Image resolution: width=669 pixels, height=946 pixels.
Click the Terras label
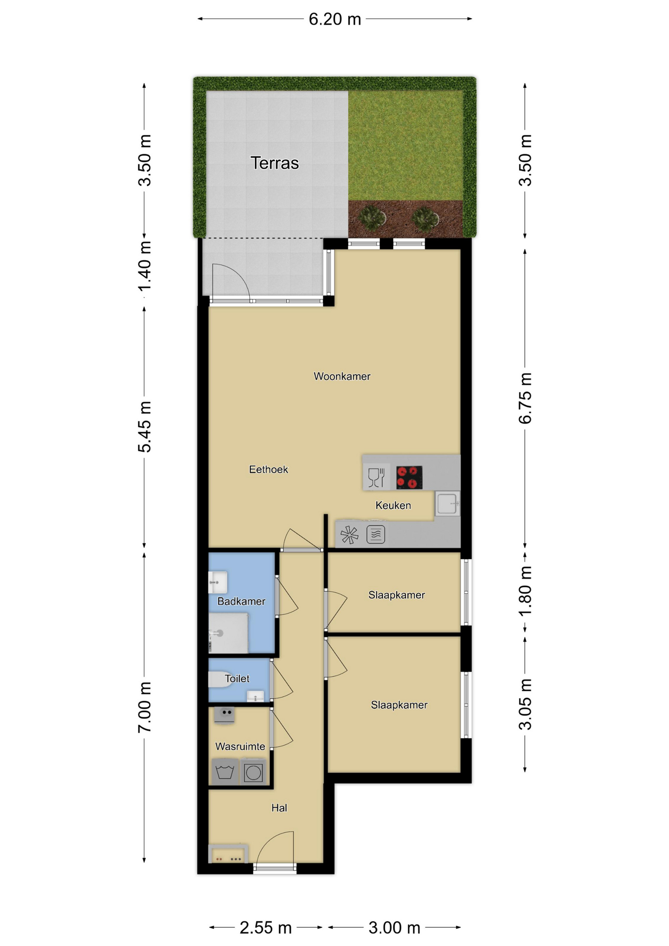coord(274,163)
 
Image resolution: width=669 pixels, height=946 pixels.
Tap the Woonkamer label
coord(342,376)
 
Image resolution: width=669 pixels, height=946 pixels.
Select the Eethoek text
coord(268,470)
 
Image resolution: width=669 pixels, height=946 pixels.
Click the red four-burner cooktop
coord(409,477)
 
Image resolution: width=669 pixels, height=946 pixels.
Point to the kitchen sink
coord(447,504)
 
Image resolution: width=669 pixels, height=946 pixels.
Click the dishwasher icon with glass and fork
coord(376,477)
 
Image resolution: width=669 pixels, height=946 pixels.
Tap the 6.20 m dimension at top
coord(335,19)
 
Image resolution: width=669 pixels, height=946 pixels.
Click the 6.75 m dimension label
coord(525,398)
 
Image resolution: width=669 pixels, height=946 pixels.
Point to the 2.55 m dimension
coord(266,928)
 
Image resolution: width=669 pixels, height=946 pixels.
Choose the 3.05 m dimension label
coord(525,704)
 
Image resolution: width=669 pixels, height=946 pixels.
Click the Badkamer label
coord(241,602)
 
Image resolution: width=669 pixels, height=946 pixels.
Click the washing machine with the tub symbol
coord(225,772)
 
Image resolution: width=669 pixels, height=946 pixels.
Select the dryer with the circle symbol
coord(254,772)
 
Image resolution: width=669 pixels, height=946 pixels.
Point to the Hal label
coord(279,808)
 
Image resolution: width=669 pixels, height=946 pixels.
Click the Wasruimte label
coord(240,746)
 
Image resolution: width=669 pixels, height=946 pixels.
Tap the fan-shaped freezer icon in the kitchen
coord(350,535)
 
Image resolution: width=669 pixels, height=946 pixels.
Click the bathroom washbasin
coord(218,582)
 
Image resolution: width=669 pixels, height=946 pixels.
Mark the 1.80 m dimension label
coord(525,591)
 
